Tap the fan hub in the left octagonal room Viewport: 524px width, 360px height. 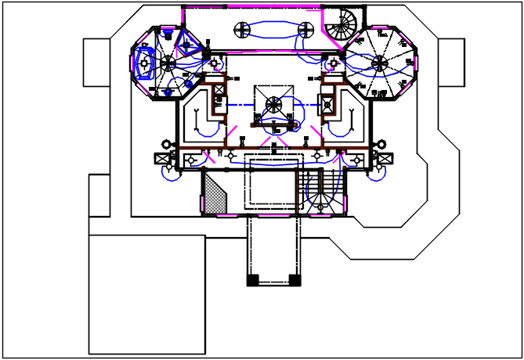167,61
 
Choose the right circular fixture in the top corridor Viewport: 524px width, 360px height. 306,31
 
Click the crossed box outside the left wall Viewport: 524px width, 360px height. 163,159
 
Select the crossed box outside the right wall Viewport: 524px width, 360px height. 385,159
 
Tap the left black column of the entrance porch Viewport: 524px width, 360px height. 252,279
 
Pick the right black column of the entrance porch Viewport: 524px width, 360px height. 294,279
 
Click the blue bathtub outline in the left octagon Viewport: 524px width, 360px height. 144,60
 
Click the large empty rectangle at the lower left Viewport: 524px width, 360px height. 146,293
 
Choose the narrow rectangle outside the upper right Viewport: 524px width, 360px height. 451,62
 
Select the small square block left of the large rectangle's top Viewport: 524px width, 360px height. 99,195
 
